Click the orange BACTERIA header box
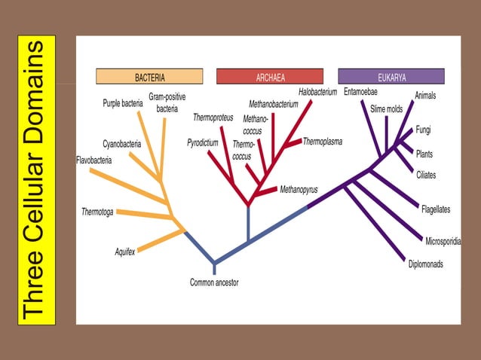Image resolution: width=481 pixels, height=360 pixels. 149,77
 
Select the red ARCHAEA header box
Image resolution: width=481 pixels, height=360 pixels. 270,77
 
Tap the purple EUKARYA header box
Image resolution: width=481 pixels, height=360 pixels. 391,77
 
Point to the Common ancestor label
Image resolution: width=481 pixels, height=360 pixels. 214,283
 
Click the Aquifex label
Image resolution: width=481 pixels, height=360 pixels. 125,252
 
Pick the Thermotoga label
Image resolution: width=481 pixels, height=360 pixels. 97,212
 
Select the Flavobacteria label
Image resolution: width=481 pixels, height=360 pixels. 94,160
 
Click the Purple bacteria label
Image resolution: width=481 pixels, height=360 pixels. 123,103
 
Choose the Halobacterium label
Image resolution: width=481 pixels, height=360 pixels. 317,92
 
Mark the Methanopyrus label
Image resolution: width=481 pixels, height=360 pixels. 299,189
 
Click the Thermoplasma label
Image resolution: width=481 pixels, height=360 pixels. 323,142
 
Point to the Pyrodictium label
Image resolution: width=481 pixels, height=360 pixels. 203,142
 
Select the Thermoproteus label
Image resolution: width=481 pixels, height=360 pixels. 214,117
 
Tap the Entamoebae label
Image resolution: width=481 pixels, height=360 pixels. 360,92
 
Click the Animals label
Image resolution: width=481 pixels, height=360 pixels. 425,96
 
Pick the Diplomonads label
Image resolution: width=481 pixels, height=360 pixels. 426,264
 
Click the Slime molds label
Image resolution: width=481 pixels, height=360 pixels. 386,109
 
